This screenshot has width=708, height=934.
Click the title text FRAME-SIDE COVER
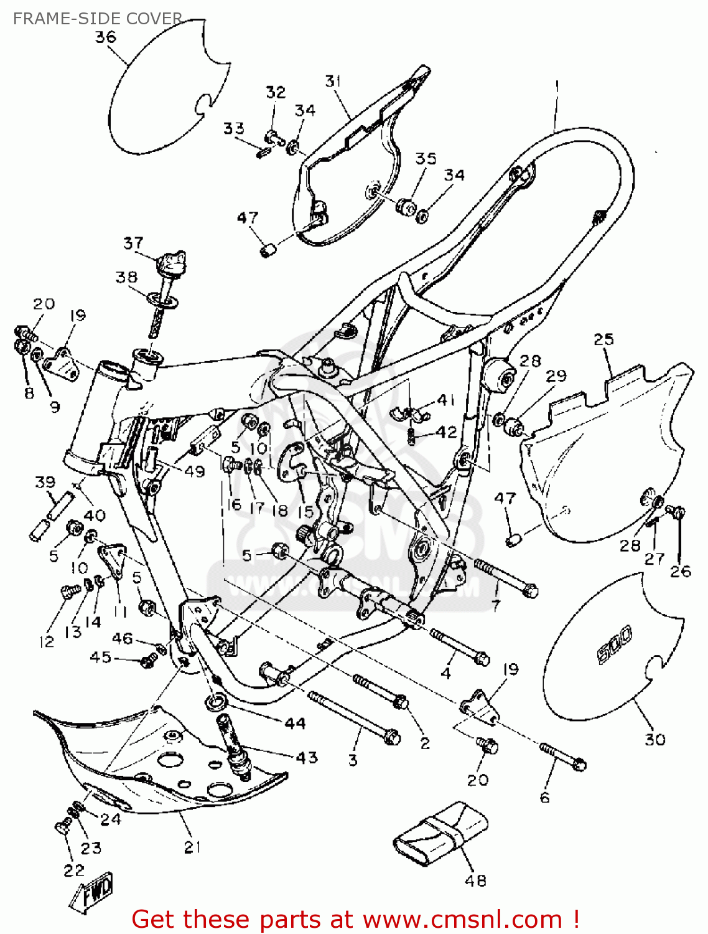click(x=98, y=19)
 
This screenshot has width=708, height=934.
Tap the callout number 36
click(x=105, y=37)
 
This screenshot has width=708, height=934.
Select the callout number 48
click(x=475, y=880)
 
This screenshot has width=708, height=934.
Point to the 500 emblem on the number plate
click(x=614, y=644)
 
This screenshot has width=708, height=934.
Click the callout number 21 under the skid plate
click(x=193, y=847)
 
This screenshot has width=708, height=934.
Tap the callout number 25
click(x=603, y=339)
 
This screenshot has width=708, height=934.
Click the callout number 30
click(x=654, y=739)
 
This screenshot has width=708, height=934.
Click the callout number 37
click(x=133, y=243)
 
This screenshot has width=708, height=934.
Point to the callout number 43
click(x=307, y=758)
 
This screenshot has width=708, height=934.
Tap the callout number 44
click(x=295, y=723)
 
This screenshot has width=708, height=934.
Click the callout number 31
click(x=333, y=81)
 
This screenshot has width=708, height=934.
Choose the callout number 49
click(x=195, y=471)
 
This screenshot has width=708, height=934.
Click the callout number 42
click(x=447, y=432)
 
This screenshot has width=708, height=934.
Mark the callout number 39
click(x=45, y=482)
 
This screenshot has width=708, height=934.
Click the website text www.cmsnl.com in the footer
click(x=462, y=919)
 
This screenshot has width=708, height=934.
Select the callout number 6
click(x=544, y=798)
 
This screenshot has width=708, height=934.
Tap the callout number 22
click(x=73, y=870)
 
